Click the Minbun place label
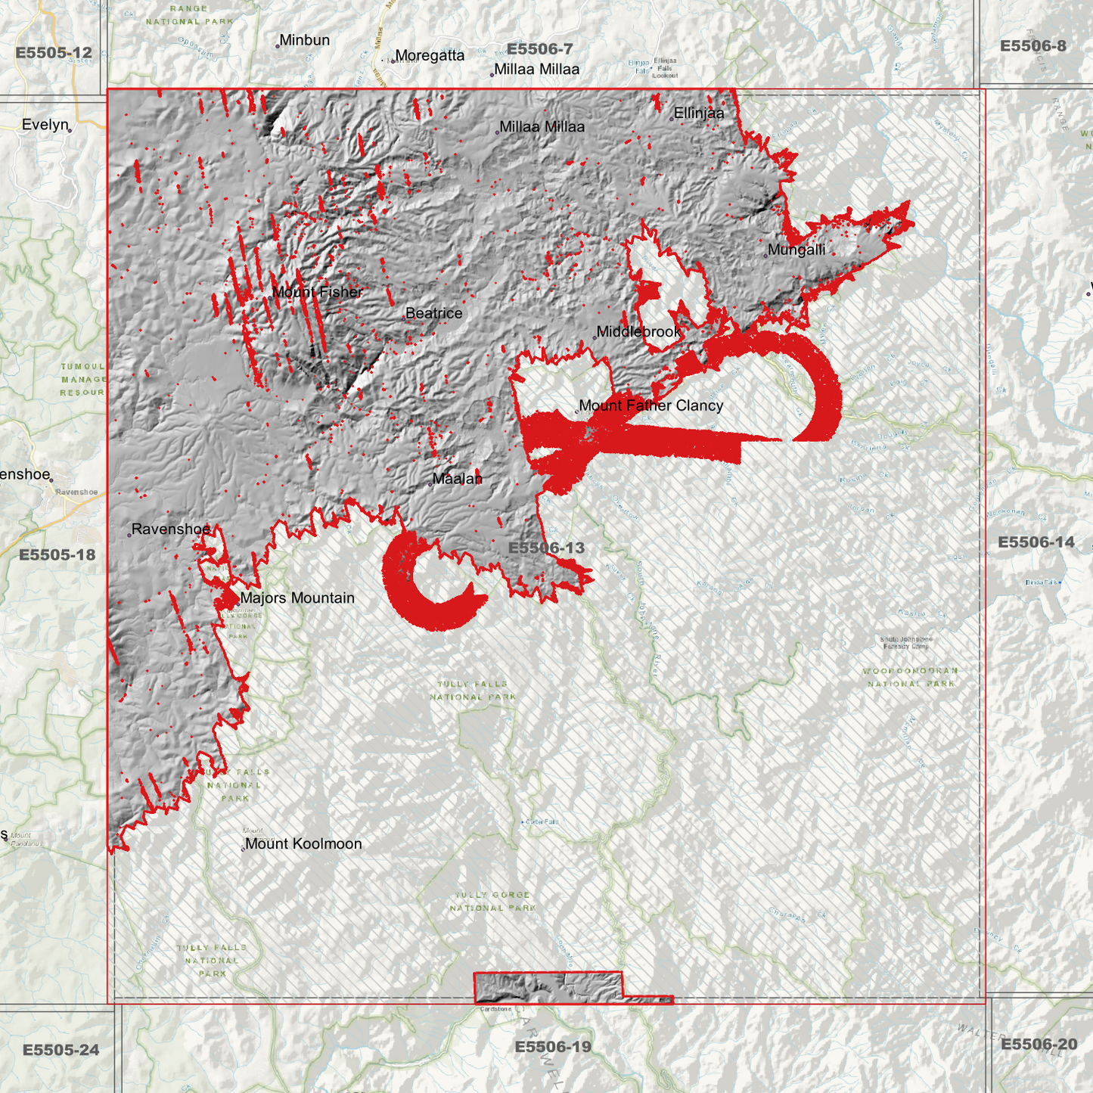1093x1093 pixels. [304, 40]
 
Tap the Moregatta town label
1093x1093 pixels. [430, 55]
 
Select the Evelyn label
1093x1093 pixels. [45, 125]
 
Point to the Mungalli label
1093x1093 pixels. [796, 250]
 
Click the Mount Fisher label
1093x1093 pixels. [317, 292]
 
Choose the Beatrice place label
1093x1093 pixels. [433, 313]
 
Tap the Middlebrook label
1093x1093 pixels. [638, 331]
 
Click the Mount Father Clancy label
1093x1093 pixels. [651, 405]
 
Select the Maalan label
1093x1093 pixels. [457, 479]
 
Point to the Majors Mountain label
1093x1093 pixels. [297, 598]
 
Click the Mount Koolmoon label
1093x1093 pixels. [303, 843]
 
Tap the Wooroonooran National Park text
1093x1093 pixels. [911, 677]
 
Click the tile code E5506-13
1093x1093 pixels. [546, 548]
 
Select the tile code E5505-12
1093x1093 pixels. [54, 53]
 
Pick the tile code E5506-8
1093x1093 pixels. [1032, 46]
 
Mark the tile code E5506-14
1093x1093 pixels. [1036, 542]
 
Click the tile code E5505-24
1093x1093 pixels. [61, 1050]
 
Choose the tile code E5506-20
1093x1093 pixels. [1039, 1045]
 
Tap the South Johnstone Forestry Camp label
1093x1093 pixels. [905, 642]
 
